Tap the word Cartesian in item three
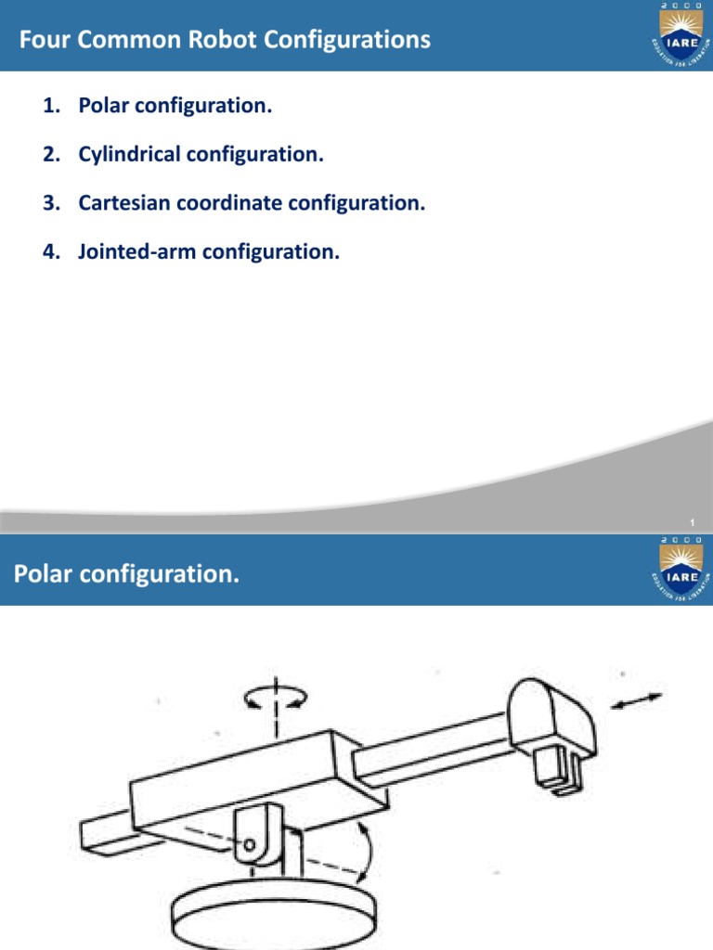(x=123, y=202)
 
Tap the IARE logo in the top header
(x=681, y=35)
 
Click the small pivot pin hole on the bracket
(x=251, y=844)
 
